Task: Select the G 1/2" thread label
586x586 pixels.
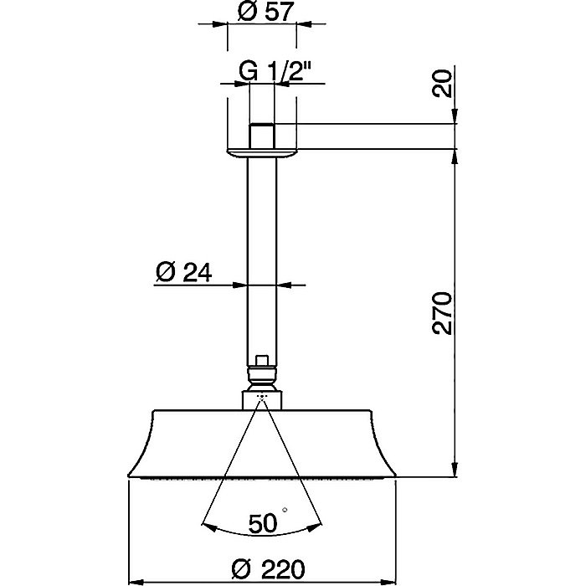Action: click(270, 72)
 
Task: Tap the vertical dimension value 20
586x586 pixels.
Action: click(443, 85)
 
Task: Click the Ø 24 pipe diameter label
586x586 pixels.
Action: click(183, 272)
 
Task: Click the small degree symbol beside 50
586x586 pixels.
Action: click(285, 511)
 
